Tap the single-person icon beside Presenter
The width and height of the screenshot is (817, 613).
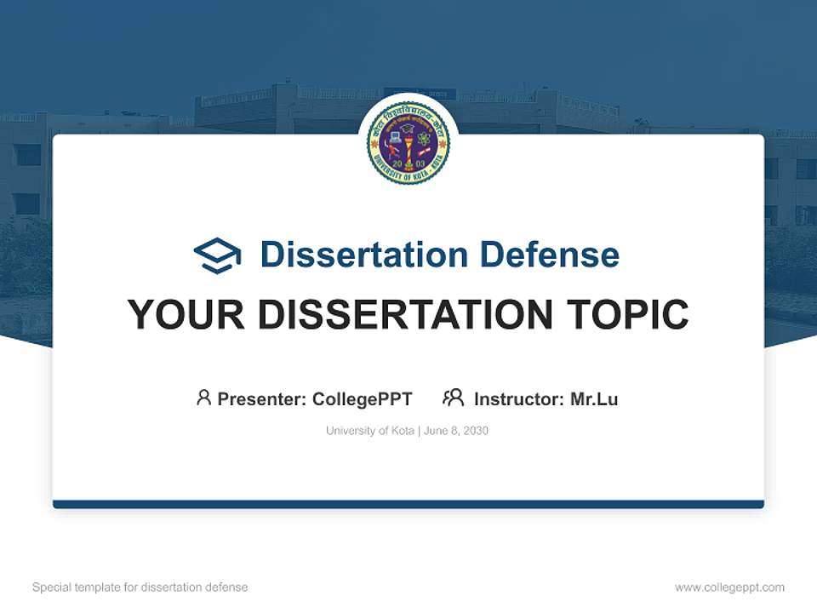(x=203, y=398)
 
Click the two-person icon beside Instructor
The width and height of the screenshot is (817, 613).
(x=454, y=398)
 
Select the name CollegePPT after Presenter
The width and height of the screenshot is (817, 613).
(x=363, y=398)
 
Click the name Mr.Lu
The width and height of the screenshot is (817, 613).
(x=594, y=398)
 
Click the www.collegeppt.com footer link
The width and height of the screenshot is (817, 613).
(x=729, y=587)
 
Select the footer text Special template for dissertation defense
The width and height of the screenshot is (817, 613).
(x=140, y=587)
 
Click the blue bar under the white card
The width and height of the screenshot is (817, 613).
(x=408, y=504)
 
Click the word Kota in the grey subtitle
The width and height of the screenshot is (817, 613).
(x=400, y=431)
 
